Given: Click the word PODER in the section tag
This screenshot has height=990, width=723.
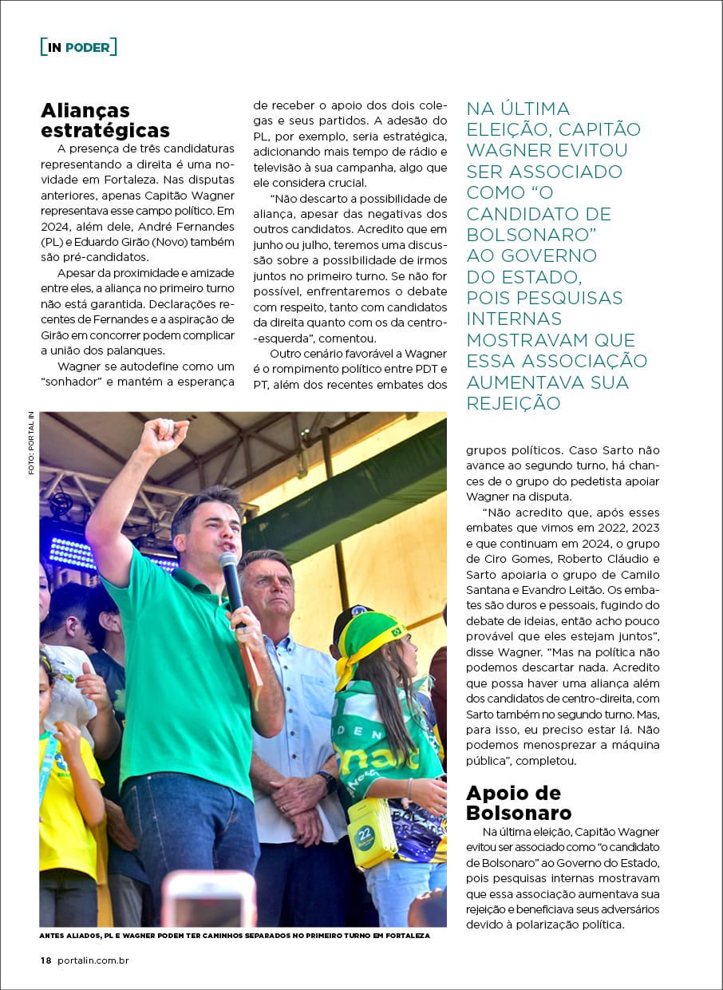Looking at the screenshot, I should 87,47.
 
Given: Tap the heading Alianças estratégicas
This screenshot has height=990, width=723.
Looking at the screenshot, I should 105,120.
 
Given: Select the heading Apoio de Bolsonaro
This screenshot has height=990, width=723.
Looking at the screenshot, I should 519,803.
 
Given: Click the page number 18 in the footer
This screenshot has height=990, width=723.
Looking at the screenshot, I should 46,960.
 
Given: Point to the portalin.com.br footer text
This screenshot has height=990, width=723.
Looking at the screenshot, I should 93,960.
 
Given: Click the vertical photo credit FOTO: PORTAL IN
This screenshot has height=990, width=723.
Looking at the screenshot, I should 31,443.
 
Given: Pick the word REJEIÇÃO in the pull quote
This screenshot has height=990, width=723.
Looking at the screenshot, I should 513,403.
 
